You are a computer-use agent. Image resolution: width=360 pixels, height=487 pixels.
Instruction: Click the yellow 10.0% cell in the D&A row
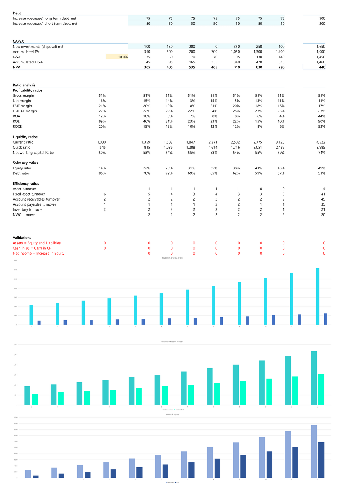click(117, 57)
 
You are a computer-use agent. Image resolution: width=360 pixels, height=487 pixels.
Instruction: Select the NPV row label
click(16, 67)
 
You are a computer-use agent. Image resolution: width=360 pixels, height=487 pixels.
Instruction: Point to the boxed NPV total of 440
click(314, 67)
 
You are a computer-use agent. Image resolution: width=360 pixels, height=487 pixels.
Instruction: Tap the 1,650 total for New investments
click(321, 47)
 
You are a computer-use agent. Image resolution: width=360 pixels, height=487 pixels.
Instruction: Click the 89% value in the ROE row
click(102, 121)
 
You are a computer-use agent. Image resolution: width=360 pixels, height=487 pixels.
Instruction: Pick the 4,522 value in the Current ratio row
click(321, 142)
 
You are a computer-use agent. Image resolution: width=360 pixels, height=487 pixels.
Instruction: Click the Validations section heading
click(22, 238)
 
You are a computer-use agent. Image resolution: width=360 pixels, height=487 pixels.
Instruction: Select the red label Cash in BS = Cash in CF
click(32, 248)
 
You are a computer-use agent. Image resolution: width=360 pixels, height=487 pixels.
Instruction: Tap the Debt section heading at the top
click(17, 13)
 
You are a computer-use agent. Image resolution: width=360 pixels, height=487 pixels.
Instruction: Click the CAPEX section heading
click(18, 42)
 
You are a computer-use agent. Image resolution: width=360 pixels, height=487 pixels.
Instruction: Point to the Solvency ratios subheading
click(25, 163)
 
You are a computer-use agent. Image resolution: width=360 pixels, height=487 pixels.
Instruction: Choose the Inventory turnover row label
click(28, 210)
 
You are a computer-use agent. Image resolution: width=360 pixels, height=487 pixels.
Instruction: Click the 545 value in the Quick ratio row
click(102, 148)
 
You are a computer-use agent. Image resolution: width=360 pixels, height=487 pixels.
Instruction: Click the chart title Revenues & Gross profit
click(172, 258)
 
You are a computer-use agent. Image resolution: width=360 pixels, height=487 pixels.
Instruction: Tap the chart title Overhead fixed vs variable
click(172, 342)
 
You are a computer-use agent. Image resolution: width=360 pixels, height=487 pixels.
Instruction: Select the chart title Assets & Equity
click(172, 414)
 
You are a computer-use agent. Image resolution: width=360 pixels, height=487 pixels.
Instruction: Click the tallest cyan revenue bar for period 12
click(317, 296)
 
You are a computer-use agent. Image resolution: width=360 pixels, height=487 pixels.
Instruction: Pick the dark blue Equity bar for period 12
click(321, 460)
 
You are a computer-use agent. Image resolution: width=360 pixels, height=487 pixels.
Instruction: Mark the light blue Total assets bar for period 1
click(28, 474)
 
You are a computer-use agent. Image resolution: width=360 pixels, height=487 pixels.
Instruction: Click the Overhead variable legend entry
click(167, 410)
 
